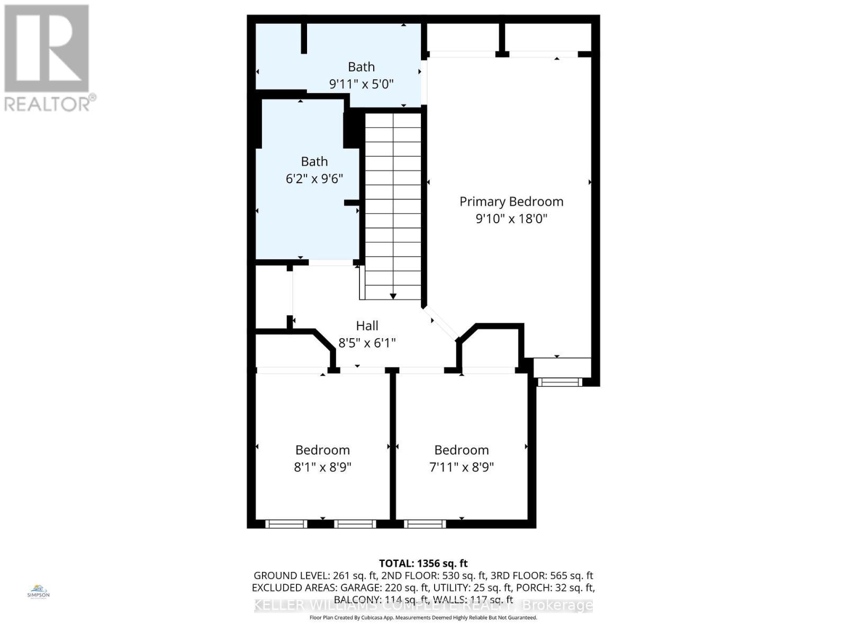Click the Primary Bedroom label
[x=511, y=202]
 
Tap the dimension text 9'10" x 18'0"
[x=511, y=219]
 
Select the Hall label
[x=367, y=326]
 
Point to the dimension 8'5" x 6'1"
[x=367, y=343]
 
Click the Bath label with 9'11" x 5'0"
[x=361, y=67]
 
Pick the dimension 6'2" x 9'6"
[x=314, y=179]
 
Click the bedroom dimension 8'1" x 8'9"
[x=322, y=467]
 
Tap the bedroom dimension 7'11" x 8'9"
[x=461, y=467]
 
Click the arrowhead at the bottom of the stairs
[x=393, y=296]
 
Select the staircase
[x=393, y=206]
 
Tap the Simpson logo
[x=38, y=592]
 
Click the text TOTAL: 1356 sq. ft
[x=423, y=564]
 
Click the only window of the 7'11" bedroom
[x=425, y=524]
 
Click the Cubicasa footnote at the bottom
[x=423, y=618]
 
